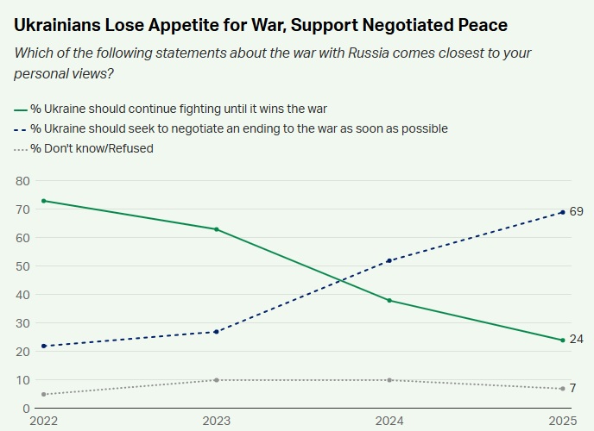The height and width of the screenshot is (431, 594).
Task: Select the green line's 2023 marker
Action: point(216,229)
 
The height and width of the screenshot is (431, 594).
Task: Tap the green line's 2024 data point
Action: point(390,300)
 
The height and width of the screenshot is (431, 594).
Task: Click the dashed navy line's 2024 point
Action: point(390,260)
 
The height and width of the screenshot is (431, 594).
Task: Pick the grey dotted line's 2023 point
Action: point(216,380)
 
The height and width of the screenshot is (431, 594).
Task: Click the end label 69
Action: point(577,212)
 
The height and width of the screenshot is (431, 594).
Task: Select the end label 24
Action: point(577,340)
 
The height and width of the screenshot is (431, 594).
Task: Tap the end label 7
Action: point(573,389)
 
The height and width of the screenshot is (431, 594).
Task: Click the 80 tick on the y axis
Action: point(22,181)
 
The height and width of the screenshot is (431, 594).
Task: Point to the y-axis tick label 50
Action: point(22,266)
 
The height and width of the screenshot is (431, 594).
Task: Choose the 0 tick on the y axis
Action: point(26,409)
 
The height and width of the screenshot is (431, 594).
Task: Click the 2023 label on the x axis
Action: point(216,420)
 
